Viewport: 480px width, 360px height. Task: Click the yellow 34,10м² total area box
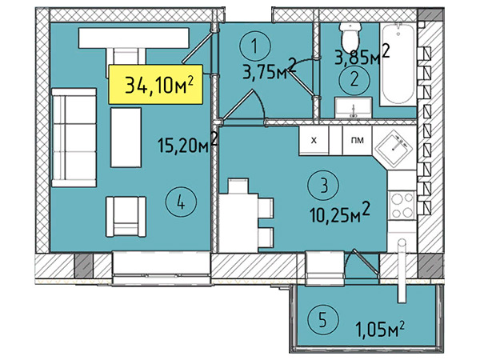coord(156,84)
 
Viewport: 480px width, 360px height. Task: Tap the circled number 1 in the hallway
coord(255,46)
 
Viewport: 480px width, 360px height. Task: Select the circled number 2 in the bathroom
coord(354,79)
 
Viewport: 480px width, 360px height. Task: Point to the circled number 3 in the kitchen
coord(324,186)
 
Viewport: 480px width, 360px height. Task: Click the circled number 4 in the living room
coord(181,202)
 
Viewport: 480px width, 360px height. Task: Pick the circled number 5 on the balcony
coord(322,321)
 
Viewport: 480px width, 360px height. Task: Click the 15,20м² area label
coord(188,142)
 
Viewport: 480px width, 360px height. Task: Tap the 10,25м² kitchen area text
coord(340,212)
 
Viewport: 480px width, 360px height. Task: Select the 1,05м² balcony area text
coord(380,329)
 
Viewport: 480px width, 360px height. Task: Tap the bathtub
coord(398,65)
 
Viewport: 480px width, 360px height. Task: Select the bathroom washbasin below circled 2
coord(354,107)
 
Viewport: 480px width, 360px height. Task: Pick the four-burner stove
coord(402,206)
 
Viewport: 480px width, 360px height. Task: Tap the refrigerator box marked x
coord(314,141)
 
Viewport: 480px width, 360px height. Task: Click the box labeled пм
coord(358,141)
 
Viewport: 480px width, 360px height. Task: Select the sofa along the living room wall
coord(74,138)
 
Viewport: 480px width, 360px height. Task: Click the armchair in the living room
coord(126,217)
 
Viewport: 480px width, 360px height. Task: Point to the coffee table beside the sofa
coord(126,138)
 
